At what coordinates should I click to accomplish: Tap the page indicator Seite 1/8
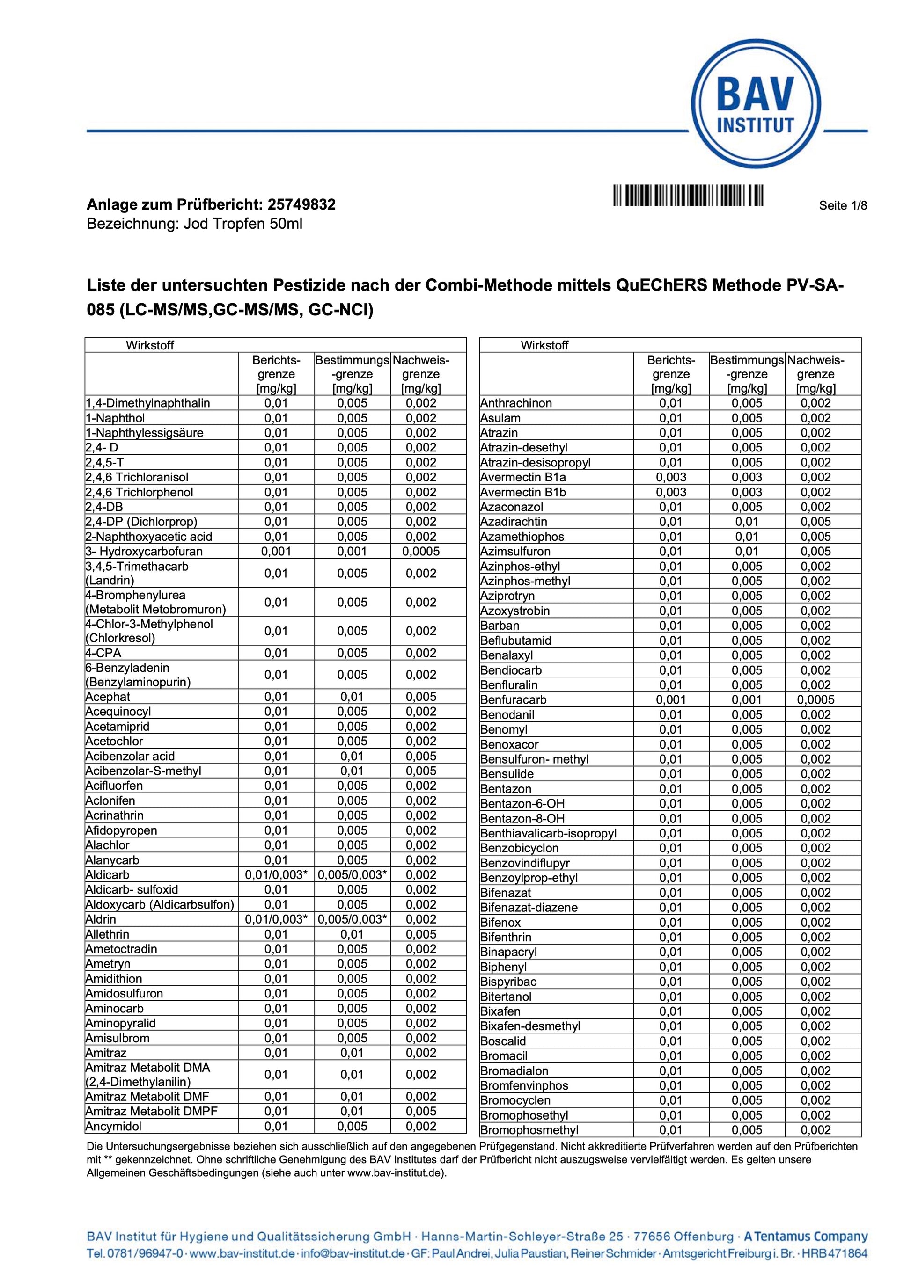[843, 205]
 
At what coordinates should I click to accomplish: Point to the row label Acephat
[108, 697]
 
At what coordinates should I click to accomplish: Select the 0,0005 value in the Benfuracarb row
[815, 699]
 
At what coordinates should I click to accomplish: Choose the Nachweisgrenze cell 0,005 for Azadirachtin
[815, 522]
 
